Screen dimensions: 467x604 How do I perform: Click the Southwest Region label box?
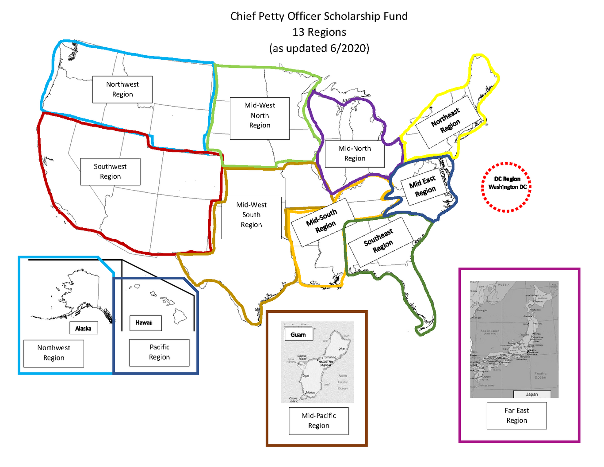click(110, 172)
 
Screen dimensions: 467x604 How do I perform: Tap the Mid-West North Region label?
click(260, 115)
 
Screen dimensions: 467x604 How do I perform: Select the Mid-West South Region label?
click(251, 215)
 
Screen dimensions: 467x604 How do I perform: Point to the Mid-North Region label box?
click(355, 153)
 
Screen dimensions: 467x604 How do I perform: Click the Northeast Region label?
click(446, 120)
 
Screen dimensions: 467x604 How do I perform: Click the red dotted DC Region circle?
click(507, 187)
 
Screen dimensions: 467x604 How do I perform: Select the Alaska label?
click(83, 328)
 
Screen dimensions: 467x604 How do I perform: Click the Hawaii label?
click(144, 323)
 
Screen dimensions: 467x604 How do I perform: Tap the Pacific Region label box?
click(159, 352)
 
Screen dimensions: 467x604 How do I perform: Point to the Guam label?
click(298, 335)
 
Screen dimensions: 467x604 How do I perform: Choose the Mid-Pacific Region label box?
click(318, 421)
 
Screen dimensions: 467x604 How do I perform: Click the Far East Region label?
click(516, 415)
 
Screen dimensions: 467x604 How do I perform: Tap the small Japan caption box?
click(532, 394)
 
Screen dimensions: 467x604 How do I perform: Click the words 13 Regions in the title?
click(319, 32)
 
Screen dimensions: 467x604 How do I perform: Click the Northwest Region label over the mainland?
click(122, 89)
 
